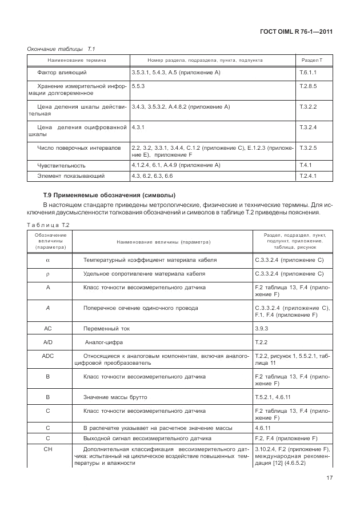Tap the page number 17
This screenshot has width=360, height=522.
pos(330,479)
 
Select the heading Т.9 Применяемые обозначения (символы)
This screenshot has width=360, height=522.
pos(109,196)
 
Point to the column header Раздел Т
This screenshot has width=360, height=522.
pos(311,59)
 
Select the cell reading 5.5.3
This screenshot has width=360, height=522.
pos(138,86)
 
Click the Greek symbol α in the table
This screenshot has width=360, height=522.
pos(48,260)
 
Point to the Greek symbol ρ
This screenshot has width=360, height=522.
pos(48,274)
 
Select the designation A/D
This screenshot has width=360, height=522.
pos(48,342)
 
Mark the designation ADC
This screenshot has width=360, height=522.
pos(48,356)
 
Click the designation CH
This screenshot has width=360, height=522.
pos(48,450)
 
